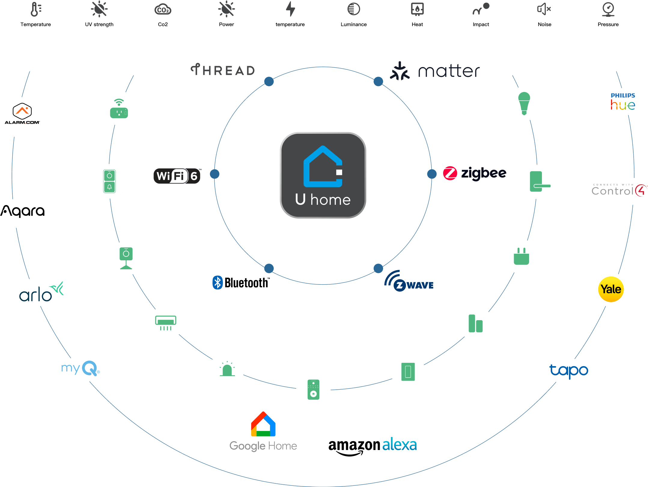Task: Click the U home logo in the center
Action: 323,175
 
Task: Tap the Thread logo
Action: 223,70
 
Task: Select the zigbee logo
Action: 475,173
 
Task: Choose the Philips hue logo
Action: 623,102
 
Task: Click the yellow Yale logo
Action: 611,289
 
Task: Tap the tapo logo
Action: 568,371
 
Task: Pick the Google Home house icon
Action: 263,424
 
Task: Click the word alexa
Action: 400,445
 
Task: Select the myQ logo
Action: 81,368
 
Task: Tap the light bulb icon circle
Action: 524,104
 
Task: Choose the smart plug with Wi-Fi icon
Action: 119,108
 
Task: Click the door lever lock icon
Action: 539,182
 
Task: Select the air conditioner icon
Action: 166,323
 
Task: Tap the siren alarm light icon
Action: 227,369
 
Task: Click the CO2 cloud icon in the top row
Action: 163,10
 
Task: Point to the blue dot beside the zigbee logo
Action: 432,174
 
